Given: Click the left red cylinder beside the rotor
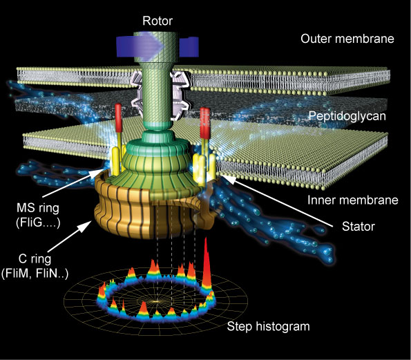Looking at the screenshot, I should [x=118, y=118].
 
